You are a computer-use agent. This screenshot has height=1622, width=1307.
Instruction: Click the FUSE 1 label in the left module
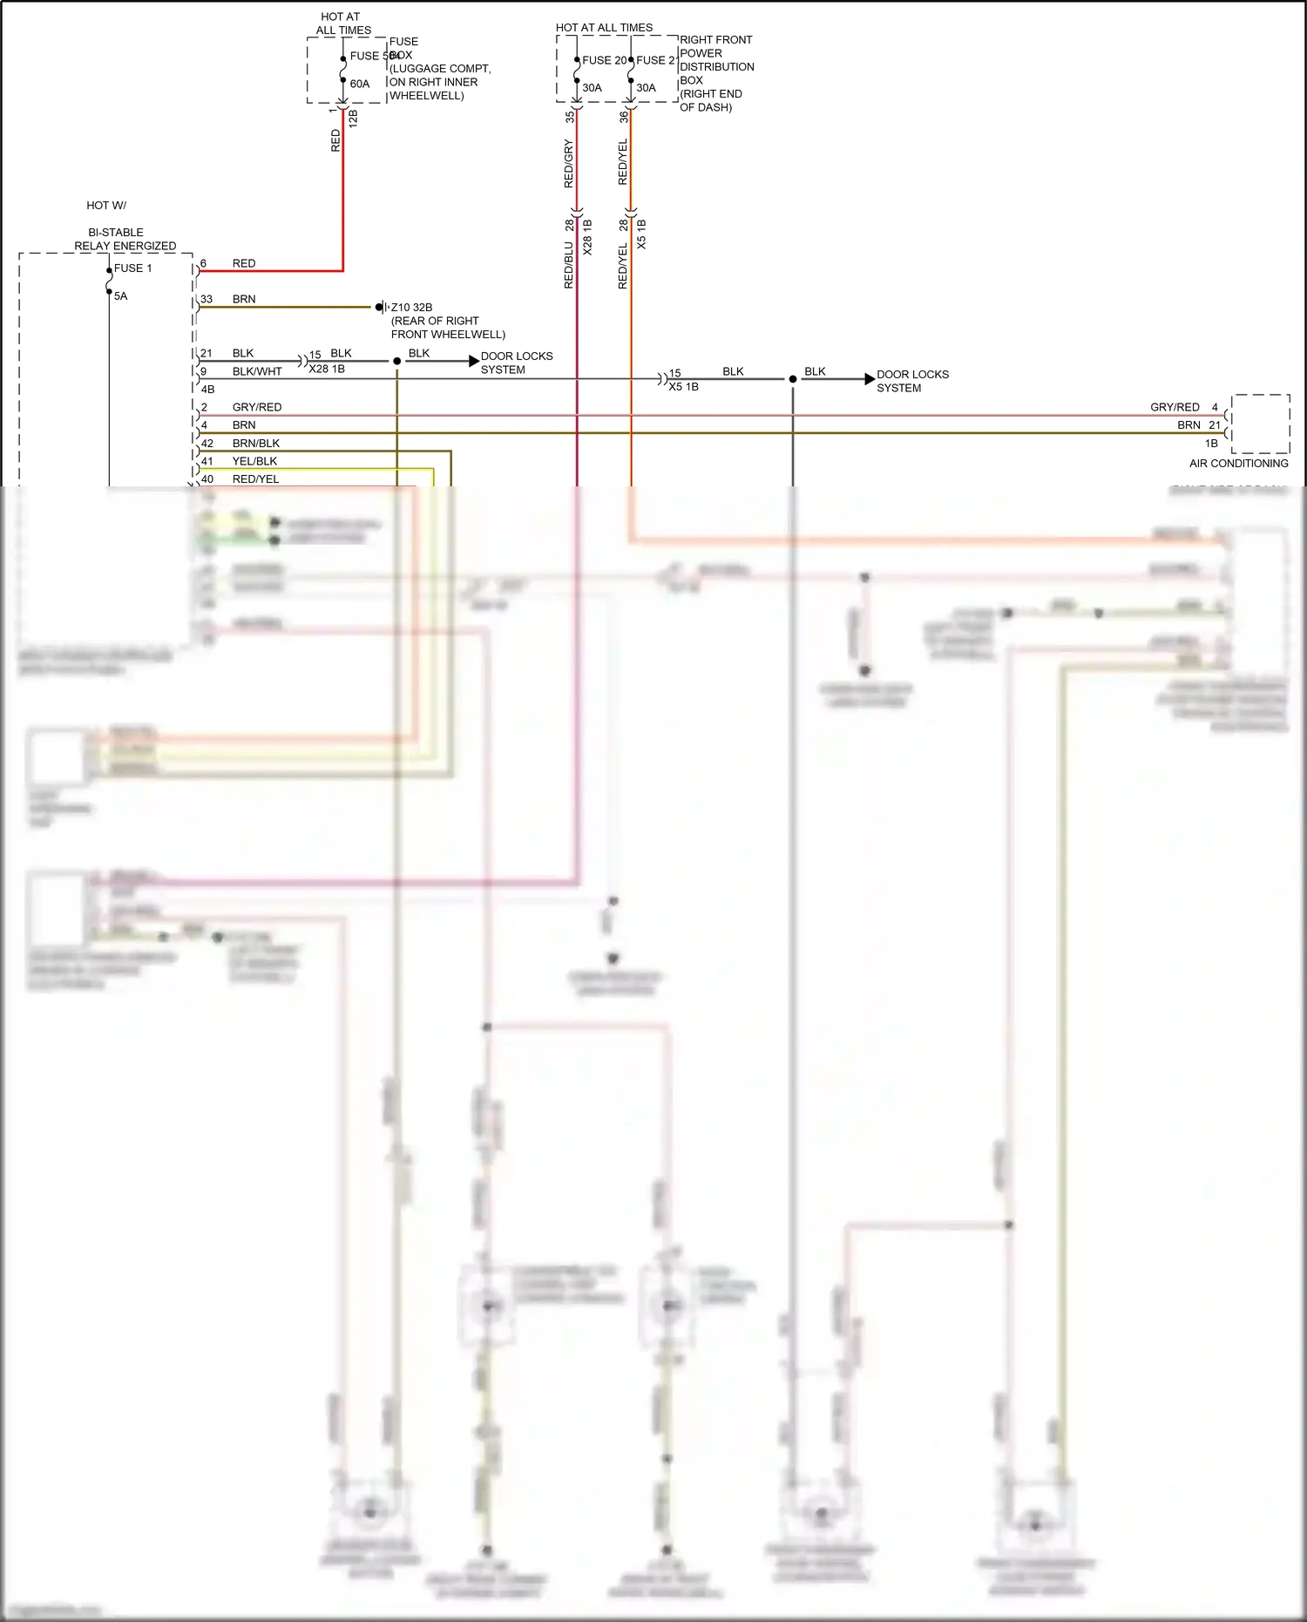132,268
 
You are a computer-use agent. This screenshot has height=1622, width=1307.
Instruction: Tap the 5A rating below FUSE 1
120,296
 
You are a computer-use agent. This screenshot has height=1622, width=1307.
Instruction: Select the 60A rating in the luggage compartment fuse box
360,85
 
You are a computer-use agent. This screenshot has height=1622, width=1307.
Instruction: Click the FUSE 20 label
604,60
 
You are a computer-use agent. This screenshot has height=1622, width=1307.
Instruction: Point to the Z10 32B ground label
411,308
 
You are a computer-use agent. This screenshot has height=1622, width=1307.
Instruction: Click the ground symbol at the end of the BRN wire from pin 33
381,307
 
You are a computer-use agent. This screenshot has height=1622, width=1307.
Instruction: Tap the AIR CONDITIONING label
1238,464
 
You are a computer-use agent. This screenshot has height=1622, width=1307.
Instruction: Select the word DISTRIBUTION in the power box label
716,67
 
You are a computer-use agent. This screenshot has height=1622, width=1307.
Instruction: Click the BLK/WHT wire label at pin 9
257,371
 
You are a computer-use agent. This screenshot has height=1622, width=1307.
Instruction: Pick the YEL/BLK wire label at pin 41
254,461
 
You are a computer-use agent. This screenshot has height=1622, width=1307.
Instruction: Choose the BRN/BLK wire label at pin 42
256,444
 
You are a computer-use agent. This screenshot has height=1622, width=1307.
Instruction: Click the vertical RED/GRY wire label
569,163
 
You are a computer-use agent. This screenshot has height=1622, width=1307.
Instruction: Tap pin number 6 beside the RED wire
204,263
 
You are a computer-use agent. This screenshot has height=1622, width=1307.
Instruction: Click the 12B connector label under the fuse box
353,119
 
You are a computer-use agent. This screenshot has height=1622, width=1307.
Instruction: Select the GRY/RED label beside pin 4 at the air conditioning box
1174,407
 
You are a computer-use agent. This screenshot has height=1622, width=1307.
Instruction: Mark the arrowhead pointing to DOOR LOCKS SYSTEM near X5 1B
869,379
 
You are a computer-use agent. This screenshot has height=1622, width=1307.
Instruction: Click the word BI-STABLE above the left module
115,233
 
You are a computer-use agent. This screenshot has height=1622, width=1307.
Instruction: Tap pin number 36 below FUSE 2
624,116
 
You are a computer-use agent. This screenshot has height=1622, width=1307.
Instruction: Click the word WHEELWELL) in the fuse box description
426,96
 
